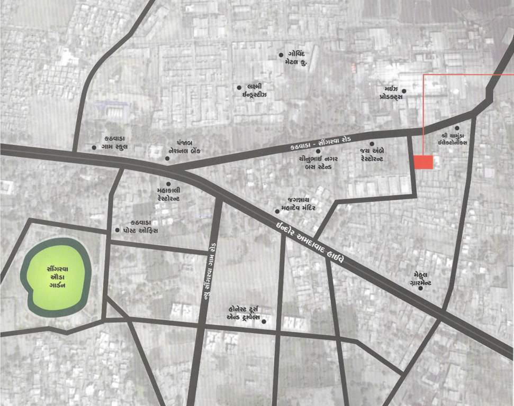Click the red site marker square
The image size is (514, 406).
click(x=423, y=162)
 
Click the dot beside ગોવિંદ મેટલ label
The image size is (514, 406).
click(x=281, y=55)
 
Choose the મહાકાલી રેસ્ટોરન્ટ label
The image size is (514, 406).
click(x=169, y=193)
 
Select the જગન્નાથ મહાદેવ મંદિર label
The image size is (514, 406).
click(x=299, y=204)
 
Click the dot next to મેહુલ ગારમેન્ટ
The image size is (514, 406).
click(x=420, y=289)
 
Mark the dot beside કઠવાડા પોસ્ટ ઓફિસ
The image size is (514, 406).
click(x=118, y=230)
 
